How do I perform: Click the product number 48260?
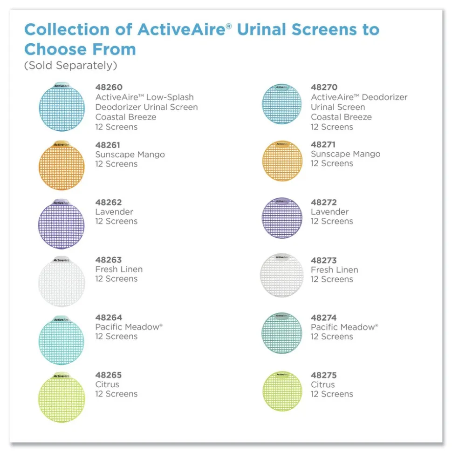click(109, 87)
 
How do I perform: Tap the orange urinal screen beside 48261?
click(62, 165)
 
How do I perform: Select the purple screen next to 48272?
click(282, 218)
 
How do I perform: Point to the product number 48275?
click(323, 375)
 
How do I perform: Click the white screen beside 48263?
click(62, 281)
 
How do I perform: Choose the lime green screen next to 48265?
click(62, 397)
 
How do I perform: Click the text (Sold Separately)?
click(70, 66)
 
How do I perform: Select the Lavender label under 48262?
click(114, 212)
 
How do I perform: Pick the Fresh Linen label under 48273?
click(335, 270)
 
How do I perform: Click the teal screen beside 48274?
click(282, 333)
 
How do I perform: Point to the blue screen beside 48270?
click(282, 104)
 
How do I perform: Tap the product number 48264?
click(109, 317)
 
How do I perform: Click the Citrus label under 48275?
click(323, 385)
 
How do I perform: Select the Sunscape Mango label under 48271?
click(345, 154)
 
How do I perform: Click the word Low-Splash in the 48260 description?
click(170, 97)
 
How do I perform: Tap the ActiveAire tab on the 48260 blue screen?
click(62, 86)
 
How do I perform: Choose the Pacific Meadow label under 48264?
click(129, 327)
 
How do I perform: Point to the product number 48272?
click(323, 202)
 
